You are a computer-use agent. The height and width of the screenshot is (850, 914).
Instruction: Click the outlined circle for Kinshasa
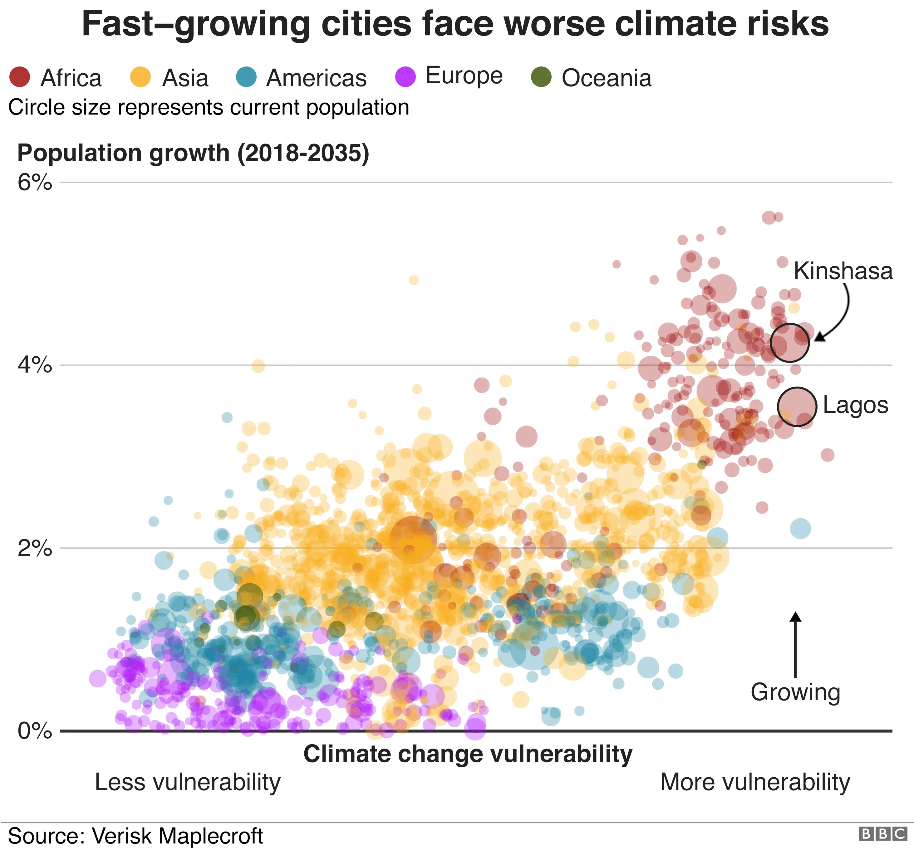point(789,343)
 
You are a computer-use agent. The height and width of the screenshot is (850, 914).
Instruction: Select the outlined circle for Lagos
point(797,406)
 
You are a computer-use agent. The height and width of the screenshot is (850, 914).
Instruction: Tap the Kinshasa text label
point(843,271)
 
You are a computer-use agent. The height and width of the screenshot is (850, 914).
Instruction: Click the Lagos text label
point(855,405)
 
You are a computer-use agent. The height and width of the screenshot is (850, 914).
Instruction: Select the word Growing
point(795,692)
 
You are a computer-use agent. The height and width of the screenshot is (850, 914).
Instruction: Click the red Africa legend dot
point(20,77)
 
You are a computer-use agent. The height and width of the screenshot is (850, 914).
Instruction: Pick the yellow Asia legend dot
point(140,77)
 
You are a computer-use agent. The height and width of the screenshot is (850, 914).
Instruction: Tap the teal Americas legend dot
point(246,77)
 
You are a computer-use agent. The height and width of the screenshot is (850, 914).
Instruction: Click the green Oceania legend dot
point(541,77)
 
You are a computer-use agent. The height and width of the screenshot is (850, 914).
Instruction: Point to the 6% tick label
point(34,183)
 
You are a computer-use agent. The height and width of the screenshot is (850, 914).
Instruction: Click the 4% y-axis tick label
point(34,365)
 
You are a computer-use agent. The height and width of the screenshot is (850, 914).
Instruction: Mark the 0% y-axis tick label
point(34,731)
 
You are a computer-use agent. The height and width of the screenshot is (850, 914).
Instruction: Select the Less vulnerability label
point(188,782)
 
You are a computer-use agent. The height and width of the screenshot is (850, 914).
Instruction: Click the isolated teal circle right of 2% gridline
point(800,528)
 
